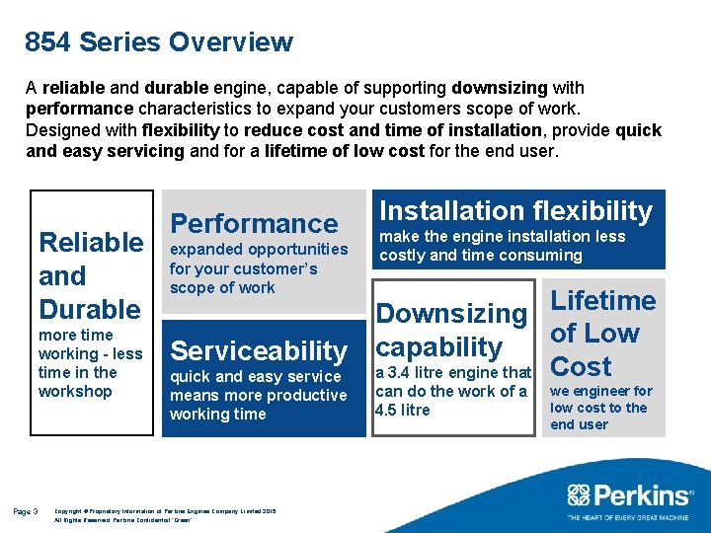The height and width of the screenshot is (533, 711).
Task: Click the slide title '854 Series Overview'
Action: pyautogui.click(x=159, y=42)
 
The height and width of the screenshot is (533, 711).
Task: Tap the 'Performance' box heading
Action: pyautogui.click(x=254, y=224)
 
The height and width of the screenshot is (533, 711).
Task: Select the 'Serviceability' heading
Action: pyautogui.click(x=259, y=350)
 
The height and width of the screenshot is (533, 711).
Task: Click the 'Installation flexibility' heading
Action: pyautogui.click(x=516, y=210)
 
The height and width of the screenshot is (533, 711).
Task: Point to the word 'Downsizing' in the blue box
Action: pyautogui.click(x=452, y=314)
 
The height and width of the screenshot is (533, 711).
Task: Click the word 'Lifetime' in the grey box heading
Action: pyautogui.click(x=602, y=301)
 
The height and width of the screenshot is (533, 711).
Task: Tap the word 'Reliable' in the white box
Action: pyautogui.click(x=91, y=242)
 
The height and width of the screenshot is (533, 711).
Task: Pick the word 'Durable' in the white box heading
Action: pyautogui.click(x=90, y=309)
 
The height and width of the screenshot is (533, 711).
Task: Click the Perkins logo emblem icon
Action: pyautogui.click(x=580, y=495)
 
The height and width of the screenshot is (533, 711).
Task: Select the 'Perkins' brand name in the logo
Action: pyautogui.click(x=643, y=495)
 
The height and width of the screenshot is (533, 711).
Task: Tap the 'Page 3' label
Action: pyautogui.click(x=26, y=511)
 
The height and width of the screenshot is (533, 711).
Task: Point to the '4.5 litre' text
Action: pyautogui.click(x=403, y=410)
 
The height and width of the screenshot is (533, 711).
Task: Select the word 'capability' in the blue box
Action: pyautogui.click(x=439, y=347)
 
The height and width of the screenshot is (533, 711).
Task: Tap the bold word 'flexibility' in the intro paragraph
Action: pyautogui.click(x=182, y=130)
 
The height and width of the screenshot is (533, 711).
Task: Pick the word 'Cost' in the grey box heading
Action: pyautogui.click(x=581, y=366)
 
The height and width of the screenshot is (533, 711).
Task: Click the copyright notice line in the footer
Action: pyautogui.click(x=165, y=510)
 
